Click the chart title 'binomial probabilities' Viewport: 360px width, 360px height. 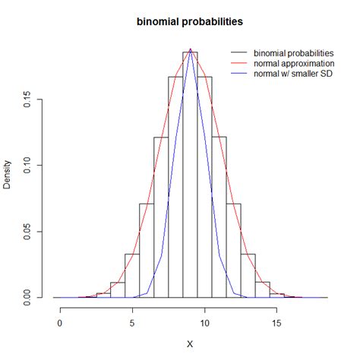[190, 22]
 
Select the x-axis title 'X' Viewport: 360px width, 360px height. [190, 343]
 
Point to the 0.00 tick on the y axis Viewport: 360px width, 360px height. [28, 297]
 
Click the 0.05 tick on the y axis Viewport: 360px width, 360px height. [28, 231]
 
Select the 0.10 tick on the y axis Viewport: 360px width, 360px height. [28, 165]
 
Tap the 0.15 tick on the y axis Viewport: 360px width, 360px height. [28, 99]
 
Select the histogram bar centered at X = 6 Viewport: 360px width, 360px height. [147, 251]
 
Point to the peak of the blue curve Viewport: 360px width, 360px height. [190, 49]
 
